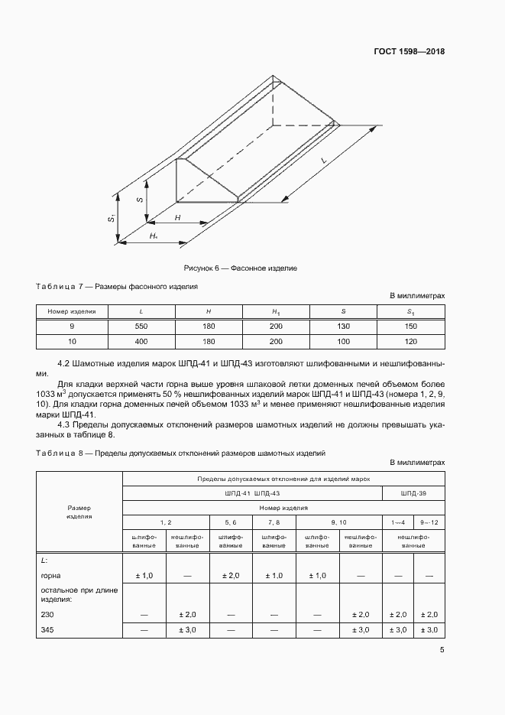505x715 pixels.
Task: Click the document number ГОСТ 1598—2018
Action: [x=408, y=52]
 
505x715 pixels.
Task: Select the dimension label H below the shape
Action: [x=177, y=219]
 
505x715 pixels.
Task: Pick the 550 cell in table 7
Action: [x=141, y=327]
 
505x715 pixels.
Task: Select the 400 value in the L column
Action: [x=141, y=341]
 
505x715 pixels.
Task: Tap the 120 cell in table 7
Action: [x=410, y=341]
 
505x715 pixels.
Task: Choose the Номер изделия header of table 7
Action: [x=71, y=312]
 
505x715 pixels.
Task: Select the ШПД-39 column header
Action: [x=413, y=493]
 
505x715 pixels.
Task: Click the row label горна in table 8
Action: [x=52, y=575]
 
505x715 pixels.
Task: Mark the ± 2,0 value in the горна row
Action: [x=230, y=575]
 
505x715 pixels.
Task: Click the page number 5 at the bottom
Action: [x=442, y=650]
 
